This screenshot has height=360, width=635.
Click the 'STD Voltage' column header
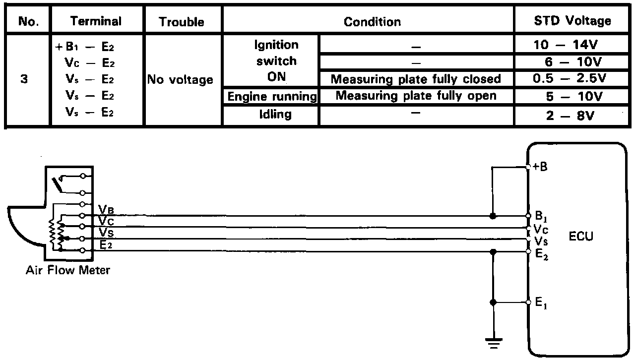pyautogui.click(x=572, y=21)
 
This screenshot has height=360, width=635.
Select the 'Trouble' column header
pyautogui.click(x=182, y=22)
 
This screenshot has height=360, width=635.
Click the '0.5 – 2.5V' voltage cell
pyautogui.click(x=572, y=79)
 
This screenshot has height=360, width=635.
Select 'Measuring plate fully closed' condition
pyautogui.click(x=416, y=79)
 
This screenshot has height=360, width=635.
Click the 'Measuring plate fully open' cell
pyautogui.click(x=416, y=96)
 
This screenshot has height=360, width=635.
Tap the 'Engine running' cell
pyautogui.click(x=271, y=97)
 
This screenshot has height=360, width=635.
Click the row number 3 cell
pyautogui.click(x=24, y=79)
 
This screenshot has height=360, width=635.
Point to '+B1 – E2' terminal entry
pyautogui.click(x=86, y=48)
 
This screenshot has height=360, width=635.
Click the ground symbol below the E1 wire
pyautogui.click(x=493, y=342)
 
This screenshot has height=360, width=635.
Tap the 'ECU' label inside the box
pyautogui.click(x=580, y=237)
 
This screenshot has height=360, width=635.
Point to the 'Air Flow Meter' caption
pyautogui.click(x=68, y=270)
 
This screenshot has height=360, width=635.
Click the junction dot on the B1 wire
pyautogui.click(x=493, y=216)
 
